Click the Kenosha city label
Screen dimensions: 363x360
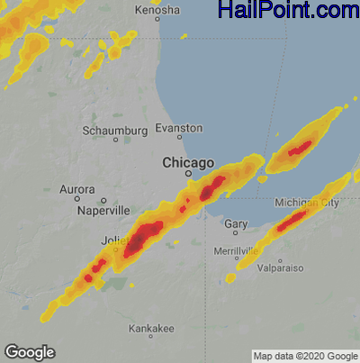coord(157,10)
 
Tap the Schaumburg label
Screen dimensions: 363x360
coord(114,131)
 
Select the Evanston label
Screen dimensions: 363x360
coord(179,128)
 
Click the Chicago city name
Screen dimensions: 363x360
coord(188,162)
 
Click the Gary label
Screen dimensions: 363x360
coord(236,222)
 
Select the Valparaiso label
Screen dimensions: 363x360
coord(278,268)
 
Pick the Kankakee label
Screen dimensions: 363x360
coord(150,328)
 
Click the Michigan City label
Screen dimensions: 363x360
coord(307,204)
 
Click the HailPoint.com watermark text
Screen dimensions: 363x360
coord(288,11)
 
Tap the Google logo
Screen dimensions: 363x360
coord(30,351)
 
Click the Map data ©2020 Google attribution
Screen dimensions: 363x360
coord(304,356)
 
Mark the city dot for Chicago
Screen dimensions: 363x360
coord(188,175)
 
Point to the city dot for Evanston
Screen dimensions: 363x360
coord(179,138)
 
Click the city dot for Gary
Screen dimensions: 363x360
coord(236,232)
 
